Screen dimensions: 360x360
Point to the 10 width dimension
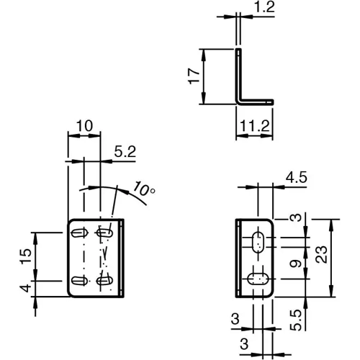tap(84, 127)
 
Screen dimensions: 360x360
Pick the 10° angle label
tap(144, 190)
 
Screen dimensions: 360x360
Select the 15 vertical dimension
tap(25, 256)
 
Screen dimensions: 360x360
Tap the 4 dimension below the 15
tap(25, 288)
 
